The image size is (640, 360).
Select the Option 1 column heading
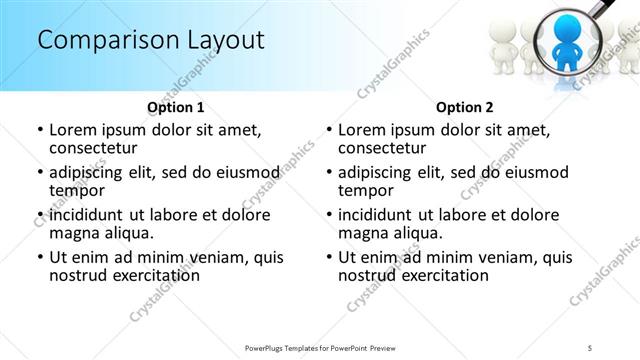coord(176,106)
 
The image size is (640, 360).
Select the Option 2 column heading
coord(465,106)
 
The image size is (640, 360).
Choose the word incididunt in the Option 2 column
coord(383,215)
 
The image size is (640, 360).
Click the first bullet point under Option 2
coord(328,130)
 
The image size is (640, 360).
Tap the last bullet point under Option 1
coord(39,257)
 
